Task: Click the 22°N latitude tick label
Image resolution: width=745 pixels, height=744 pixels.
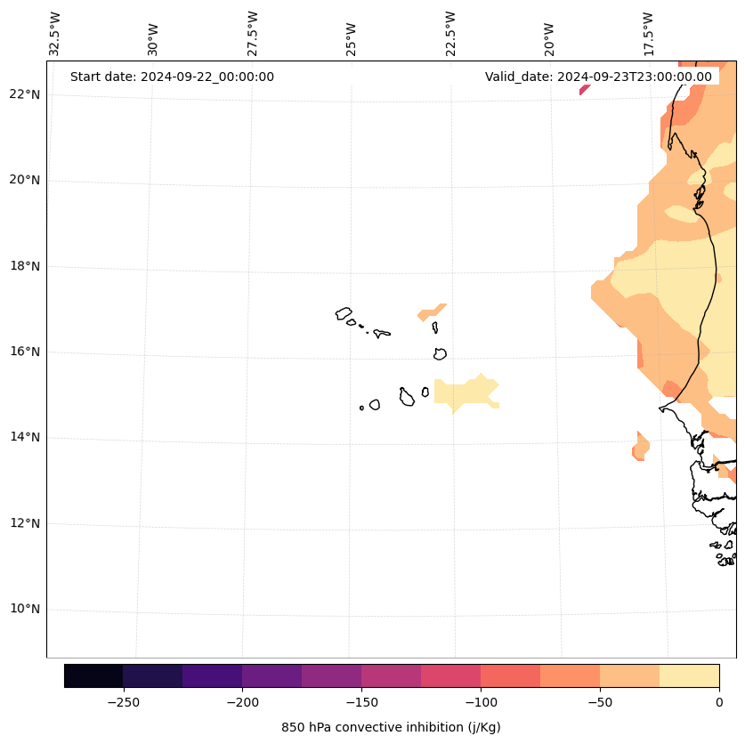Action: (25, 94)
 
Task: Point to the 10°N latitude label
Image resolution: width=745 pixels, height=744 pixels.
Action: (25, 609)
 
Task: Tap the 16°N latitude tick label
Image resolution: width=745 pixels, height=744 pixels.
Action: (25, 352)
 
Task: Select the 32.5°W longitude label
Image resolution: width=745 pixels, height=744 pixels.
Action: (55, 32)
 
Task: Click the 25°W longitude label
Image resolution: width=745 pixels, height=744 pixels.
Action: (352, 38)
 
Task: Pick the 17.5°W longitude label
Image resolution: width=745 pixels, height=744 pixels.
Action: (648, 32)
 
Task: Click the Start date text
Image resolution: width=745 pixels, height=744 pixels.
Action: (172, 77)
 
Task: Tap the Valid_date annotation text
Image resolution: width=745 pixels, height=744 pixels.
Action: (598, 77)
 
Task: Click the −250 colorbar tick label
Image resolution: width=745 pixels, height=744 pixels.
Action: (123, 702)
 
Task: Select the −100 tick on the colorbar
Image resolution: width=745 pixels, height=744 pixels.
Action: (481, 702)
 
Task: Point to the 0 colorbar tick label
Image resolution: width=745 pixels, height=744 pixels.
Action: (718, 702)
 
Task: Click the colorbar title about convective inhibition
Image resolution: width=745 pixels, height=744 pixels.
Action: (391, 727)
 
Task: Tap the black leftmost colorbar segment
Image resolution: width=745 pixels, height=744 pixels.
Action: (93, 675)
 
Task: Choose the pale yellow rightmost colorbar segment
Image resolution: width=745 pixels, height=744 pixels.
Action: (689, 675)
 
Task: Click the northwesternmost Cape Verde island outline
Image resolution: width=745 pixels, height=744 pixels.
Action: (344, 313)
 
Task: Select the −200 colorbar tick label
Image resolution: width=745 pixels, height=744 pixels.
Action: (242, 702)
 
